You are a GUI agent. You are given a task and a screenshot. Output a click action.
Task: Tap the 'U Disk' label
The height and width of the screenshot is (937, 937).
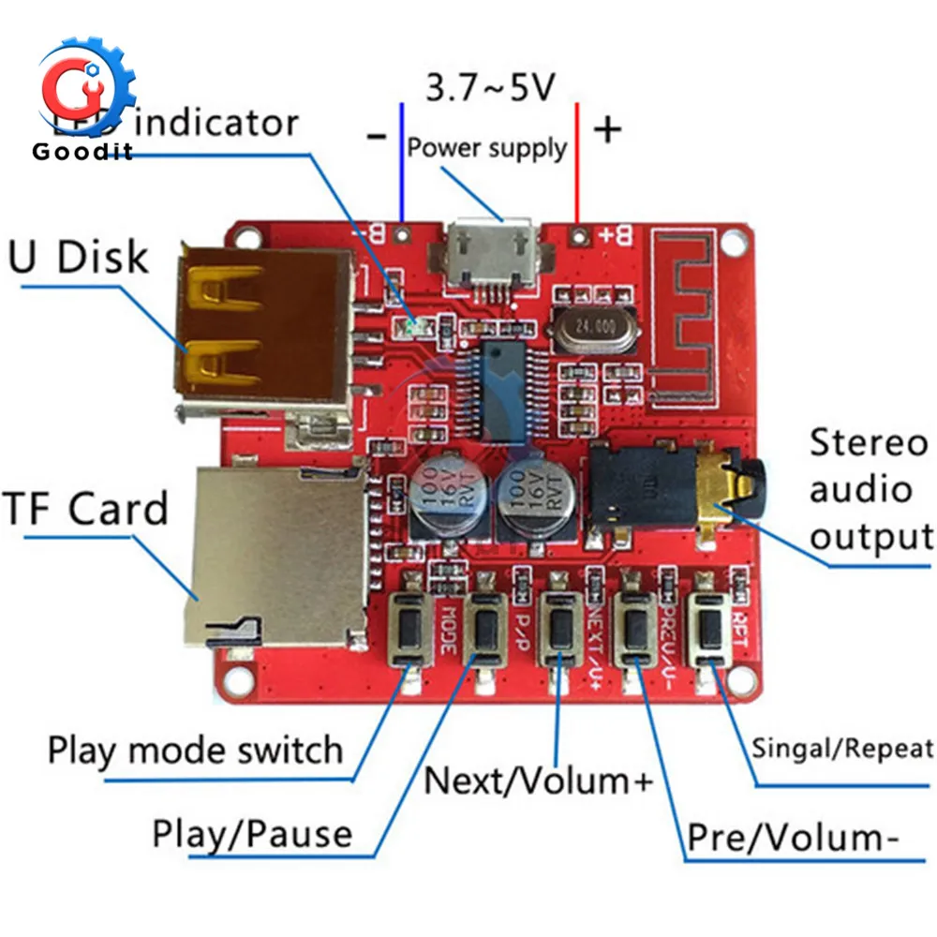(79, 256)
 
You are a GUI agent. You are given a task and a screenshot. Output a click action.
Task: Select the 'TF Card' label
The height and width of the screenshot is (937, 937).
(86, 509)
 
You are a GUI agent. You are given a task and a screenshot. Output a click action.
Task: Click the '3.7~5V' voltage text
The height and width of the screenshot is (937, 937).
(490, 88)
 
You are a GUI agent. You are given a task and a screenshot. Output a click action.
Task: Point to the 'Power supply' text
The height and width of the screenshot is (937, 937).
(487, 147)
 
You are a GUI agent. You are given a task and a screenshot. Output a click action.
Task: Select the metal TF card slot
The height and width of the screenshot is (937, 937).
(276, 553)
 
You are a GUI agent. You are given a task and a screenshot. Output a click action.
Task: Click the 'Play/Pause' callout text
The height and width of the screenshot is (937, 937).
(252, 832)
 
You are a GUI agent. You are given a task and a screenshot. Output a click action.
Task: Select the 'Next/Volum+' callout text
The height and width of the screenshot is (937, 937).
(538, 780)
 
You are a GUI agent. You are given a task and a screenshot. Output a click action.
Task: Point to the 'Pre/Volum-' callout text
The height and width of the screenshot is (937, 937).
(787, 838)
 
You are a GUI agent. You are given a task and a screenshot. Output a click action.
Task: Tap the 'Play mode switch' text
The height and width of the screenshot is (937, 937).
(196, 751)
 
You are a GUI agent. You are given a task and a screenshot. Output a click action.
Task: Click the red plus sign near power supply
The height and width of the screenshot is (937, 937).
(608, 129)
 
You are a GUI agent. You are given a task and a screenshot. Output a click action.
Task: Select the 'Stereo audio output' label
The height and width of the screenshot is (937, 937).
(870, 490)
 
